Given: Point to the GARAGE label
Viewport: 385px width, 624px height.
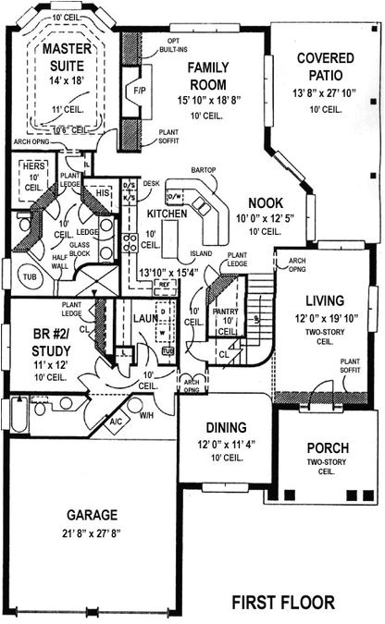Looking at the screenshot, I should (91, 515).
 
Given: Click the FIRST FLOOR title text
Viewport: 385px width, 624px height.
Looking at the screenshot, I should (283, 603).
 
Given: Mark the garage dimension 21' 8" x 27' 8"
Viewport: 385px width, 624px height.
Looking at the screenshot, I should (91, 532).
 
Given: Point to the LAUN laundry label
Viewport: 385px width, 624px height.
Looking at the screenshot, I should (147, 318).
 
